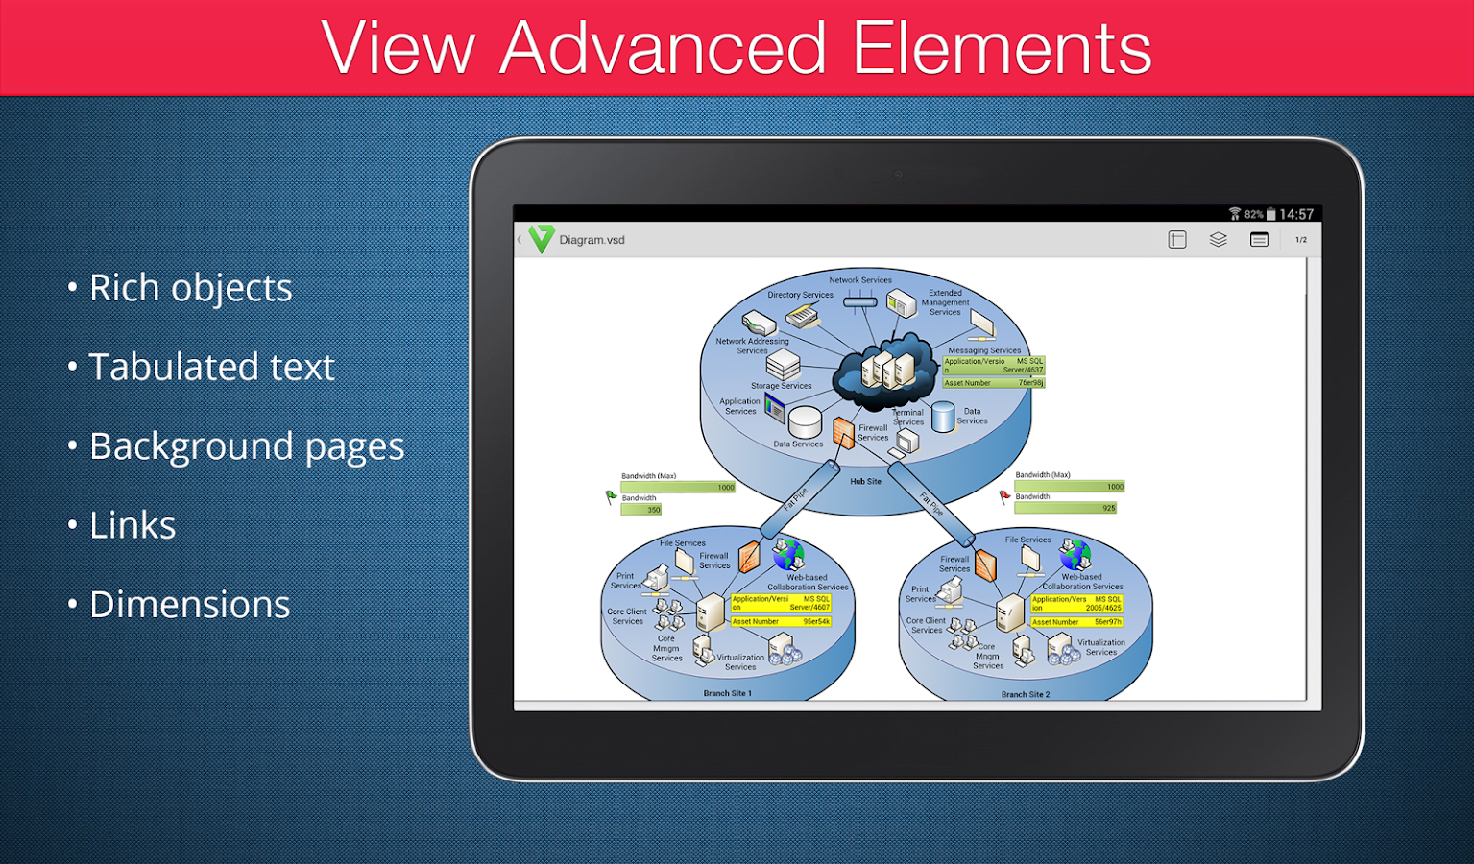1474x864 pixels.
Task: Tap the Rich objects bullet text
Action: point(190,288)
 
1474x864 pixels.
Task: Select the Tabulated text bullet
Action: point(211,367)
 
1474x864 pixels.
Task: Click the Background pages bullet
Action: point(246,446)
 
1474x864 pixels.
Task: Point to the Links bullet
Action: point(133,525)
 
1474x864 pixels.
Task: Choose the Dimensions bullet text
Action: point(189,605)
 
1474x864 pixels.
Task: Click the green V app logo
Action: point(542,239)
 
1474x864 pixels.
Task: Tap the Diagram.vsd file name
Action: point(592,240)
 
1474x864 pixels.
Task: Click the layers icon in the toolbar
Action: point(1218,240)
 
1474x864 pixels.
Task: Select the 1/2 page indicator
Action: point(1300,240)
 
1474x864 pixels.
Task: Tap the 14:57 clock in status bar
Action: point(1295,214)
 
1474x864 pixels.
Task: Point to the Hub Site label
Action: point(865,481)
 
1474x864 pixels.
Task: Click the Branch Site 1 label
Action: point(727,693)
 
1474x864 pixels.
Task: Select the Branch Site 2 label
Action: point(1025,694)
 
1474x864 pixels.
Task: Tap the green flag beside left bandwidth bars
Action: point(611,496)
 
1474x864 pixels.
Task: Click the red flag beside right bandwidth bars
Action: point(1004,496)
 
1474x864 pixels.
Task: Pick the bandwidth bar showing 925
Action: point(1066,508)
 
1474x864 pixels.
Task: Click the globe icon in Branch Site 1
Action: point(788,554)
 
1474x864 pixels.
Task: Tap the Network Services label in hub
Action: point(860,280)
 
